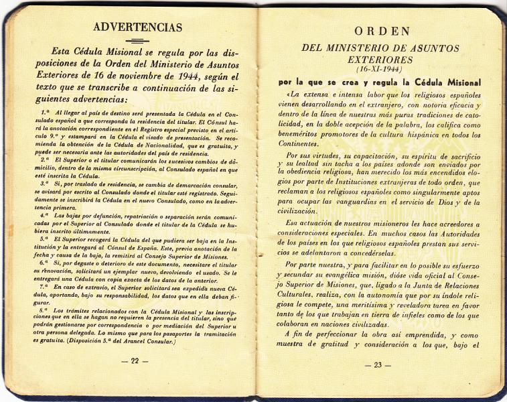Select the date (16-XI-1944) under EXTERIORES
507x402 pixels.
380,69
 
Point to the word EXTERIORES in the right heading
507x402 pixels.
380,60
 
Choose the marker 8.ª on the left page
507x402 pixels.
44,311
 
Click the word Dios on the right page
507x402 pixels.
438,200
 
